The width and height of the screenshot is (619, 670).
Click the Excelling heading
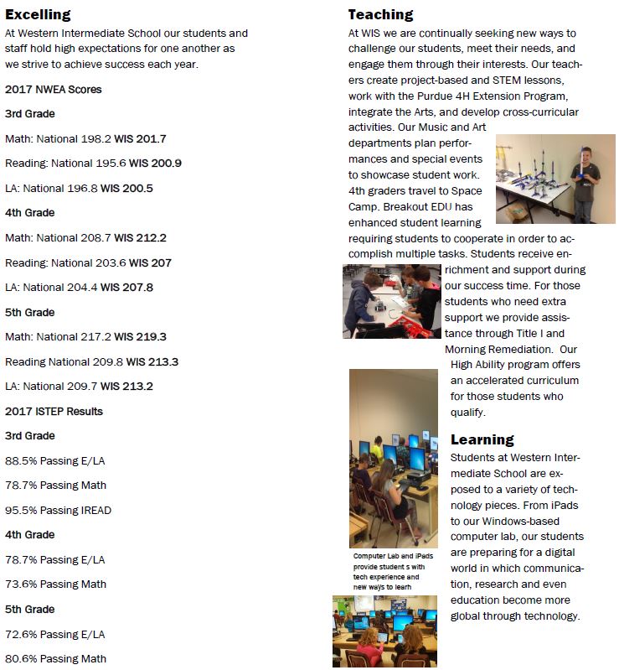[38, 14]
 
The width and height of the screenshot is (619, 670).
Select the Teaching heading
[380, 14]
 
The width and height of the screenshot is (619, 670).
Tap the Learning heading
[482, 439]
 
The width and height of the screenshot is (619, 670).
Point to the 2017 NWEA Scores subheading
[54, 89]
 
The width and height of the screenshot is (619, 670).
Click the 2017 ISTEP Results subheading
[54, 411]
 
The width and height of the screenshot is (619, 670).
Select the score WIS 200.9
[152, 164]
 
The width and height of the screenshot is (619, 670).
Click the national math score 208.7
[93, 237]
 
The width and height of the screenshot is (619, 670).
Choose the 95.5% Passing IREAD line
[58, 510]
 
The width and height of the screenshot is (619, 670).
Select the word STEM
[511, 80]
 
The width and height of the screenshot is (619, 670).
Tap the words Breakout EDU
[441, 206]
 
